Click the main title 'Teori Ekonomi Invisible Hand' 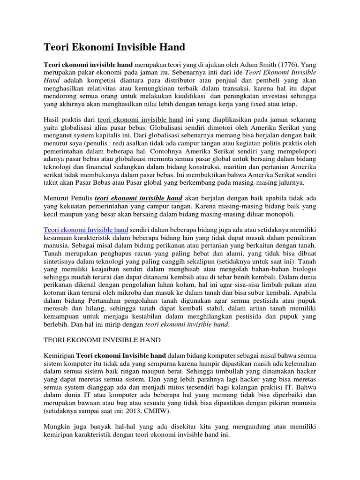[114, 47]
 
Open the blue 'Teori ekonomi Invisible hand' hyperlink [86, 231]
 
